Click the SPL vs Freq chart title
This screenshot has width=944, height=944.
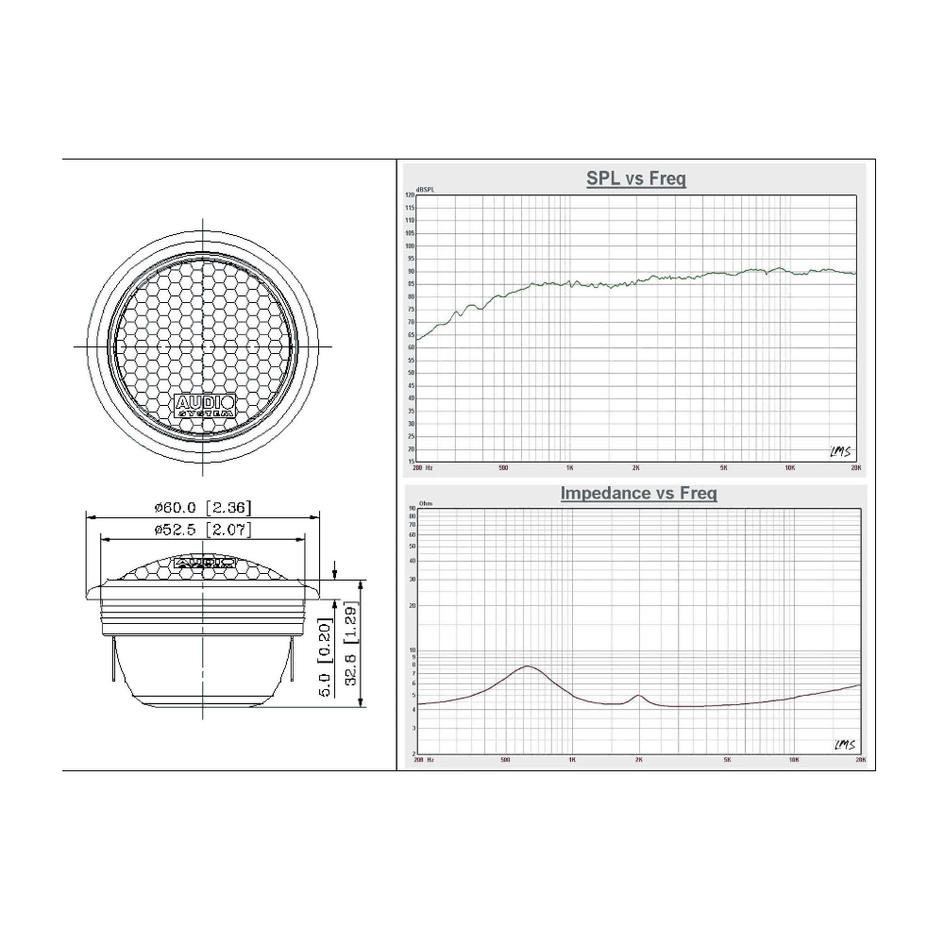coord(635,178)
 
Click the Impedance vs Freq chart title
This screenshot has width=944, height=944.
coord(638,493)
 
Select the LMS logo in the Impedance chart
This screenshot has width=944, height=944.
coord(844,745)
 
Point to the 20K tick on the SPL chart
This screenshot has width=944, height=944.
coord(855,467)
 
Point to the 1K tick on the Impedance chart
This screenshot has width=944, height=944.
coord(572,759)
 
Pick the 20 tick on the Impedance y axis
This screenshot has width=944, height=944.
coord(412,605)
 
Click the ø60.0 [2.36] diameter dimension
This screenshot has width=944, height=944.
coord(204,508)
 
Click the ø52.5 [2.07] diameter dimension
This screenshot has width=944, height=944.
coord(204,531)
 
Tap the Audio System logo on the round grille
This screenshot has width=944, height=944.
coord(204,407)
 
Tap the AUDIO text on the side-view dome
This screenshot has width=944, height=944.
coord(204,561)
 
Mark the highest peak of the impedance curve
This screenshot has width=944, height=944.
coord(527,666)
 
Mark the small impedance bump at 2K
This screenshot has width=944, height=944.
coord(639,696)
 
